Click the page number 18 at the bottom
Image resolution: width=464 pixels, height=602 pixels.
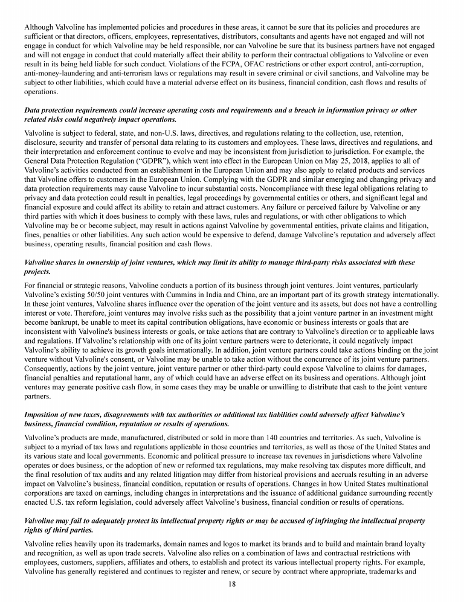tap(232, 584)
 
